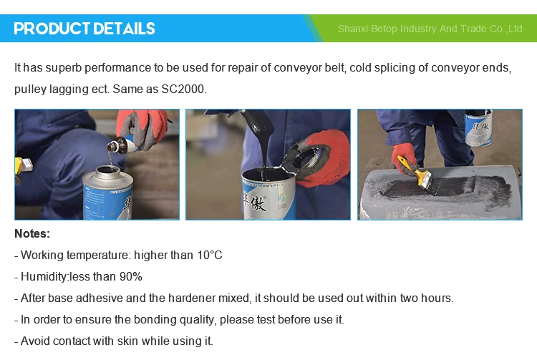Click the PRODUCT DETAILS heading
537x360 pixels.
pyautogui.click(x=84, y=29)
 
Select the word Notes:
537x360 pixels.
pyautogui.click(x=32, y=233)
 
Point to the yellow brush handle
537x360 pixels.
pyautogui.click(x=406, y=162)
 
